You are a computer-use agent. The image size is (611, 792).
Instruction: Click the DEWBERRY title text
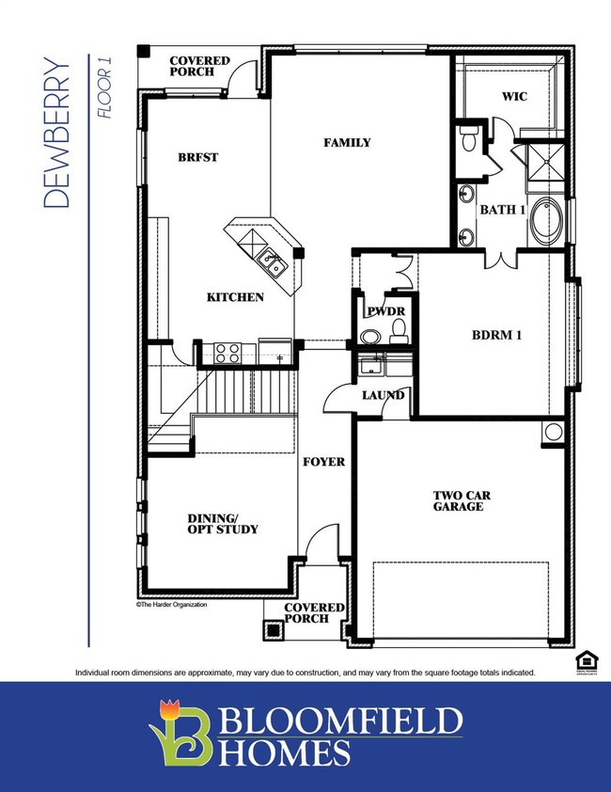coord(57,133)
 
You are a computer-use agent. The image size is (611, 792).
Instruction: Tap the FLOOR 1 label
coord(104,87)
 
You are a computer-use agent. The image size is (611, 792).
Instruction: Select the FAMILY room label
coord(347,143)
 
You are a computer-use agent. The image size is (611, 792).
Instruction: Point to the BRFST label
coord(198,157)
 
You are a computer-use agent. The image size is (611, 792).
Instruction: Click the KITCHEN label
coord(235,297)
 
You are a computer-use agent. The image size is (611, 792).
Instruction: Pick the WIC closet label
coord(514,96)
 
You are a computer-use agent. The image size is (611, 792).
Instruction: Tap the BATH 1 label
coord(503,210)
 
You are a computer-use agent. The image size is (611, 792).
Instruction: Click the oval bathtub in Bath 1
coord(545,223)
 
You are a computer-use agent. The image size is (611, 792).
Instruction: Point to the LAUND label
coord(384,395)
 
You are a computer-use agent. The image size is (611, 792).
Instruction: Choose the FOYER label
coord(322,463)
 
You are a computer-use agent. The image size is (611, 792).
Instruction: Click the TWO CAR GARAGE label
coord(459,500)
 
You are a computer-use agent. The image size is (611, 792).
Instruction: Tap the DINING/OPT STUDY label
coord(223,523)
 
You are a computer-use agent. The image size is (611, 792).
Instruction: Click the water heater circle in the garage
coord(554,433)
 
